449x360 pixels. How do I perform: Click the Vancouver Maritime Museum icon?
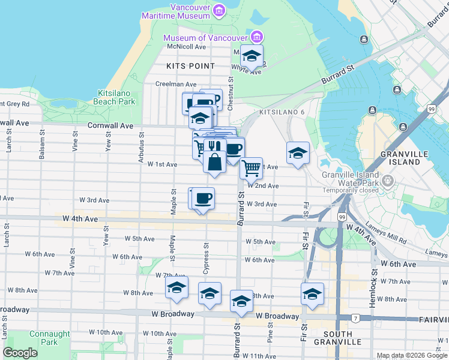pyautogui.click(x=218, y=11)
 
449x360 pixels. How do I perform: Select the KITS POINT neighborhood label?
pyautogui.click(x=191, y=65)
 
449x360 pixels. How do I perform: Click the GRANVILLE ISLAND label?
pyautogui.click(x=400, y=158)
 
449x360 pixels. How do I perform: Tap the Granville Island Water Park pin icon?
pyautogui.click(x=388, y=179)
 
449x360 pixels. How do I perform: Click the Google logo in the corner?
pyautogui.click(x=20, y=353)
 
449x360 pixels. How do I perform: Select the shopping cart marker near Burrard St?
pyautogui.click(x=251, y=168)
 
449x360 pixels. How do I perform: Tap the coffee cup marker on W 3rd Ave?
pyautogui.click(x=203, y=198)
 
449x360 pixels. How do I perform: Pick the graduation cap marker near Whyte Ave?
pyautogui.click(x=252, y=56)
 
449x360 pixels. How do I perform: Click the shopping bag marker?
pyautogui.click(x=214, y=163)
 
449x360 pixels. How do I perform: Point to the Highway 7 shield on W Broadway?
pyautogui.click(x=355, y=316)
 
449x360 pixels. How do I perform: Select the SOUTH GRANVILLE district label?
pyautogui.click(x=343, y=337)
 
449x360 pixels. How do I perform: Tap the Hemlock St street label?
pyautogui.click(x=372, y=292)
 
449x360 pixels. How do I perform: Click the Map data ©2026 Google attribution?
pyautogui.click(x=412, y=355)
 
